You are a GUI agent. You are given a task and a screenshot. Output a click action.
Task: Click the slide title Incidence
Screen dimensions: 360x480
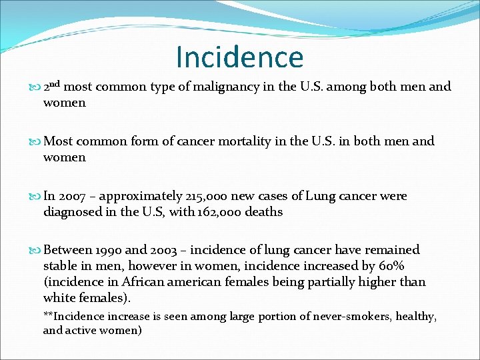pos(239,57)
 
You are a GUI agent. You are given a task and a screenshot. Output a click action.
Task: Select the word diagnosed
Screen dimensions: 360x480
pos(73,212)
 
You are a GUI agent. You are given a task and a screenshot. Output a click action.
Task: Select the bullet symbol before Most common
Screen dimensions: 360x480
pos(35,141)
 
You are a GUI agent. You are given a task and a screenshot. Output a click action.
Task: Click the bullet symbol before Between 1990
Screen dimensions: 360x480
pos(35,251)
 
